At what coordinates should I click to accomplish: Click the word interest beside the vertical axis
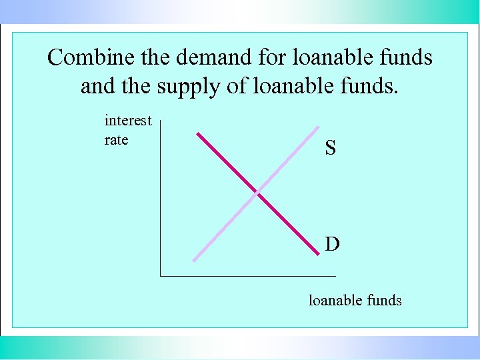[128, 121]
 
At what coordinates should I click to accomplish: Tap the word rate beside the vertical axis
[117, 140]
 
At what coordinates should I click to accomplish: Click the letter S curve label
[330, 148]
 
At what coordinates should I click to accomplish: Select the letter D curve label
[332, 245]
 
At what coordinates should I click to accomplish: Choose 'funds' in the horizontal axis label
[384, 301]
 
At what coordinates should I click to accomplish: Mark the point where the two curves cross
[257, 193]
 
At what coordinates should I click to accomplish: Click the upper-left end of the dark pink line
[197, 133]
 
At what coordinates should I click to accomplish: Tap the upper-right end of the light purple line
[318, 128]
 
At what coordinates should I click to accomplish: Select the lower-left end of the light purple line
[194, 260]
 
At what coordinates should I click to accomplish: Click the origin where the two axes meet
[161, 275]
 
